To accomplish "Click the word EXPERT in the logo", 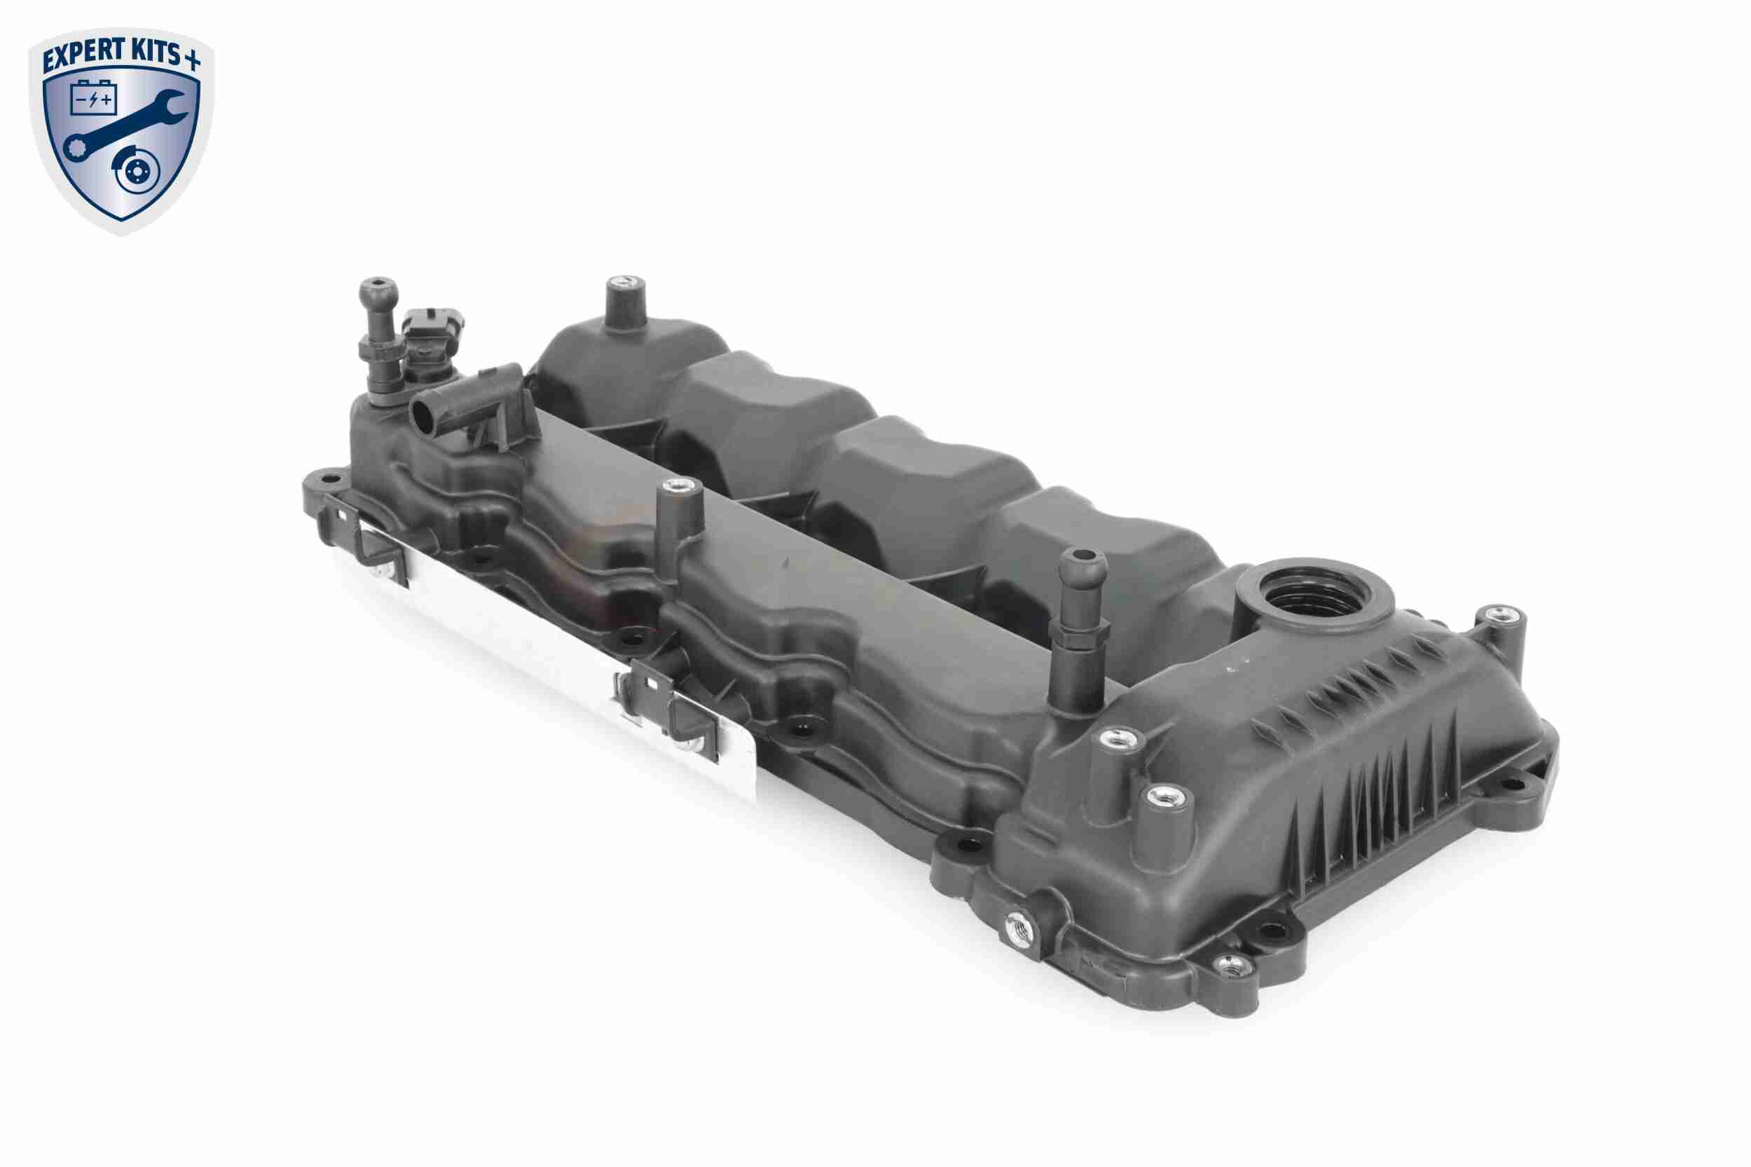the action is pyautogui.click(x=83, y=58).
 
